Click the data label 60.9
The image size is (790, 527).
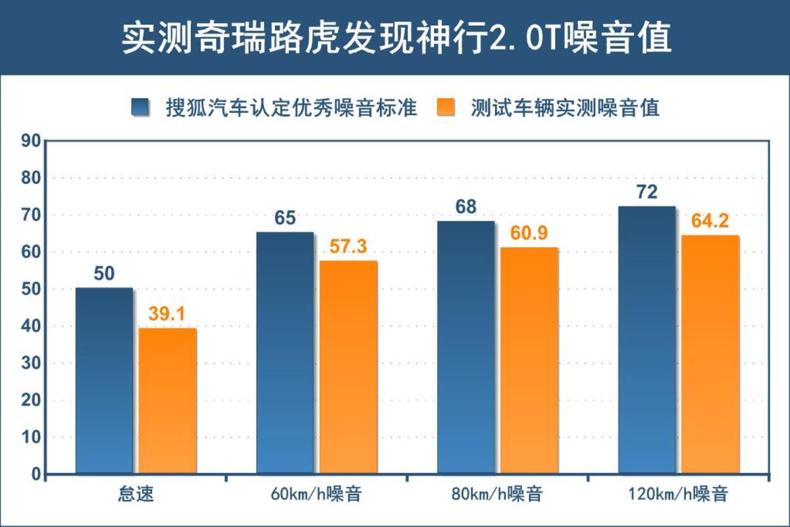point(529,233)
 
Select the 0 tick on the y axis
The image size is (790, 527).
point(36,474)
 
